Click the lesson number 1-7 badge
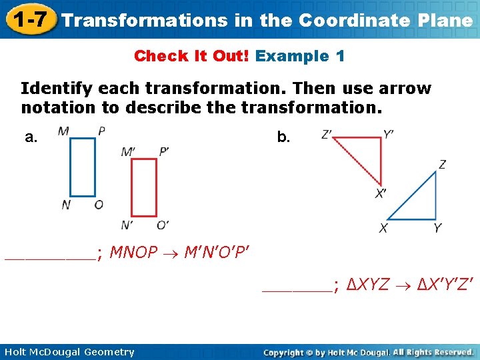tap(28, 19)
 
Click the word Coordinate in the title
tap(353, 20)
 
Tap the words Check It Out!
tap(191, 56)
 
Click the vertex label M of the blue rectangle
tap(63, 131)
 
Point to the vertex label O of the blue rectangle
tap(99, 205)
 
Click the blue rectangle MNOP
tap(83, 167)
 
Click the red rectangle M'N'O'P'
tap(143, 187)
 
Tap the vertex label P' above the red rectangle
tap(163, 152)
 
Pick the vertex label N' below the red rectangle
tap(127, 225)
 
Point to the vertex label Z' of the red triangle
tap(327, 135)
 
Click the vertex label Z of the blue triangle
tap(442, 165)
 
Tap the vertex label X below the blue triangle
tap(383, 228)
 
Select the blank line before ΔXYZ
tap(297, 287)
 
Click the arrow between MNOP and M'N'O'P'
tap(171, 253)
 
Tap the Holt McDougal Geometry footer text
tap(69, 352)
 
